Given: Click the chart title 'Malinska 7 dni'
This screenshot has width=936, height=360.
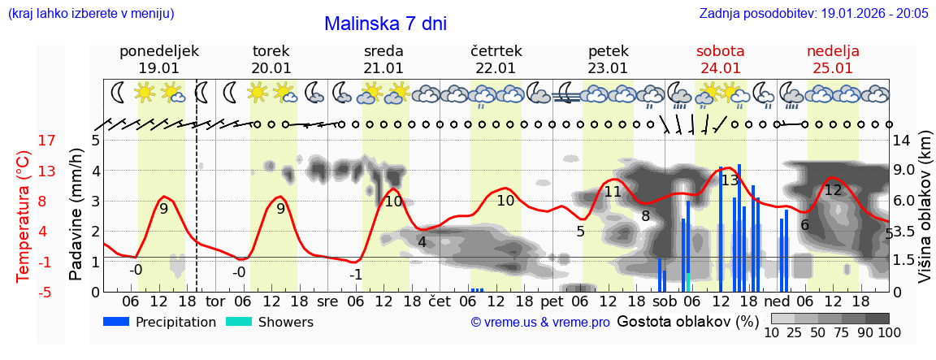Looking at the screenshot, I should tap(385, 24).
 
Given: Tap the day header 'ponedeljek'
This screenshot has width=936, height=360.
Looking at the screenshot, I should tap(158, 51).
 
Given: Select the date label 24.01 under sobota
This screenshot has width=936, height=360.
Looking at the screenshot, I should tap(720, 68).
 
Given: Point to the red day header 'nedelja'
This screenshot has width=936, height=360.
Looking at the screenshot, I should tap(832, 51).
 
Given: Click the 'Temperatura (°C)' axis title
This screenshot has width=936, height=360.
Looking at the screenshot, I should tap(24, 216).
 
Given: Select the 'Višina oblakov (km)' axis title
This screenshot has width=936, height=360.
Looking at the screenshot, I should tap(924, 216).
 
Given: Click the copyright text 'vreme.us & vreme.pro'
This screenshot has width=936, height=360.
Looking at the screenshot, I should tap(540, 323).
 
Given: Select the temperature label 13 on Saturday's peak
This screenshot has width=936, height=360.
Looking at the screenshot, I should tap(730, 180).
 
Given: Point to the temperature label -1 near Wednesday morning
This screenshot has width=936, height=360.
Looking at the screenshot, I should tap(355, 275).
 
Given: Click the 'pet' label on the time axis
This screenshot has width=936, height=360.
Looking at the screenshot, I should tap(552, 301).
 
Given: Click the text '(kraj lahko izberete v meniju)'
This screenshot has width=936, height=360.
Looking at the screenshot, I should tap(90, 14).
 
